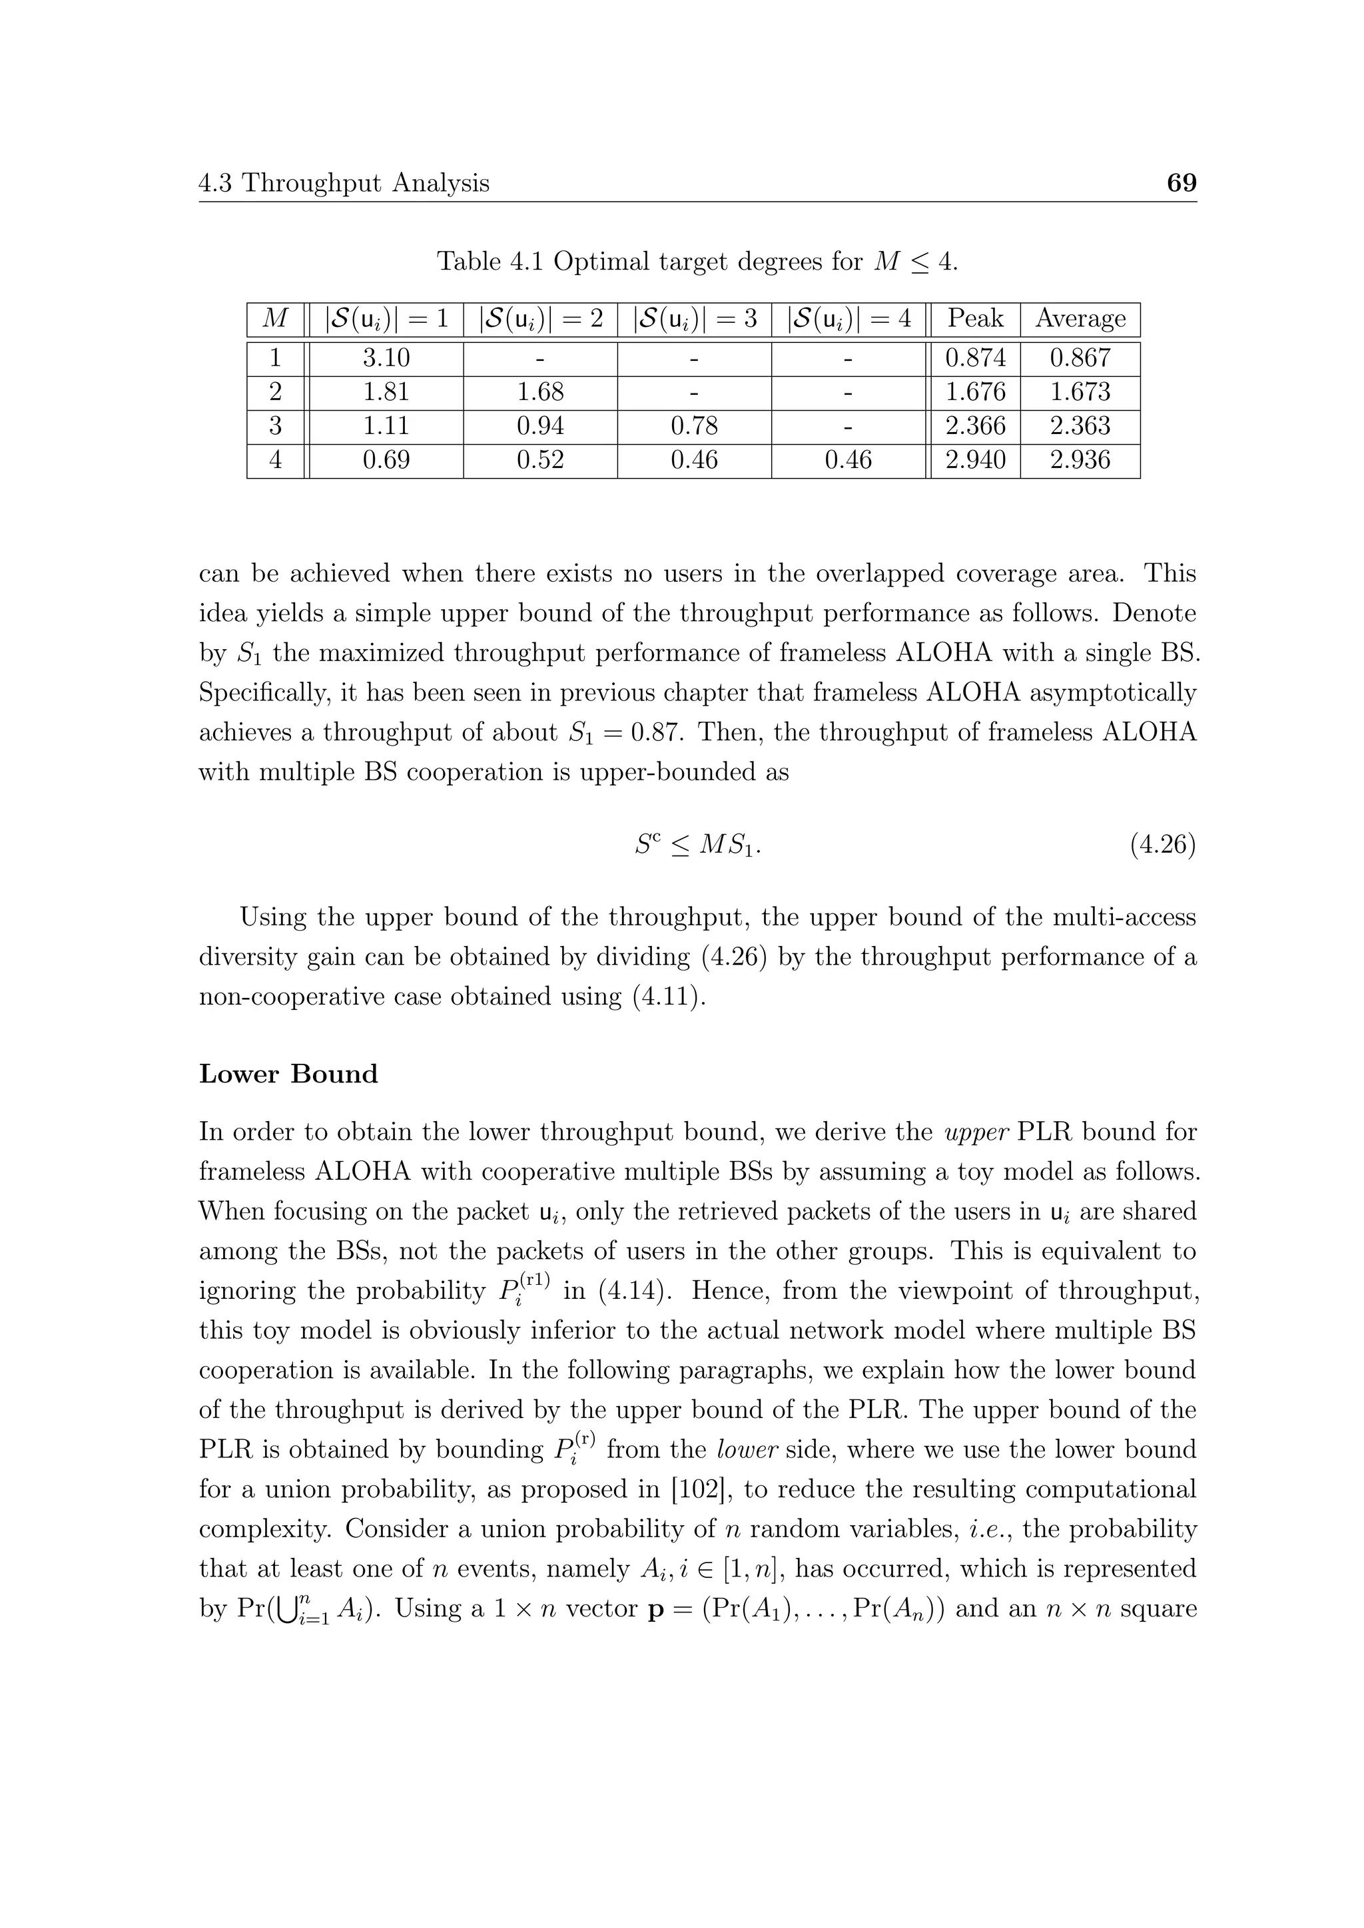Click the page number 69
click(x=1181, y=183)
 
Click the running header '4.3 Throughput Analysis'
click(x=344, y=183)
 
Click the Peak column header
click(x=974, y=319)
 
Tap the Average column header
click(x=1080, y=319)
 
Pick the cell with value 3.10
click(x=386, y=359)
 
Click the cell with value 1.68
click(x=540, y=392)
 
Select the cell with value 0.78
click(x=694, y=425)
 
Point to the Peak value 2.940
click(x=974, y=460)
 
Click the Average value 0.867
click(x=1080, y=359)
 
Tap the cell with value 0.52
click(x=540, y=460)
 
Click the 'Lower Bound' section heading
click(x=288, y=1074)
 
